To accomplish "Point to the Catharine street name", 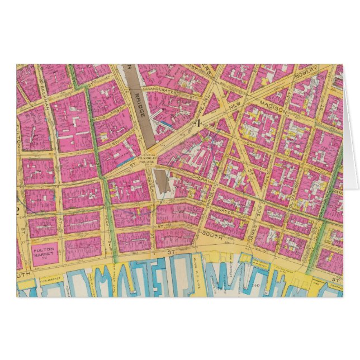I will point(323,202).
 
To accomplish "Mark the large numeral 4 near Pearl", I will point(197,124).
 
